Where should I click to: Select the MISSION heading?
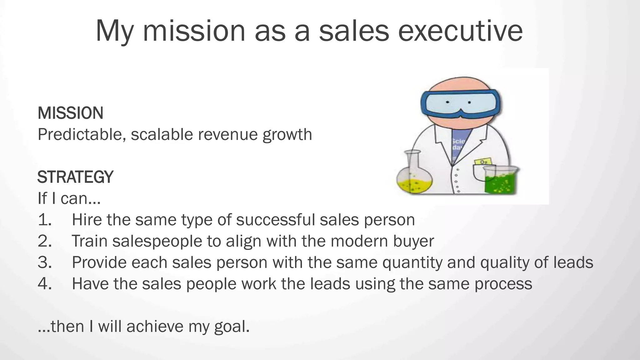click(x=70, y=113)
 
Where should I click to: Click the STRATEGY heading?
click(x=75, y=177)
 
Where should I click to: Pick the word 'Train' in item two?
click(x=90, y=241)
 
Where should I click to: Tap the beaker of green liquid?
click(x=501, y=181)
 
